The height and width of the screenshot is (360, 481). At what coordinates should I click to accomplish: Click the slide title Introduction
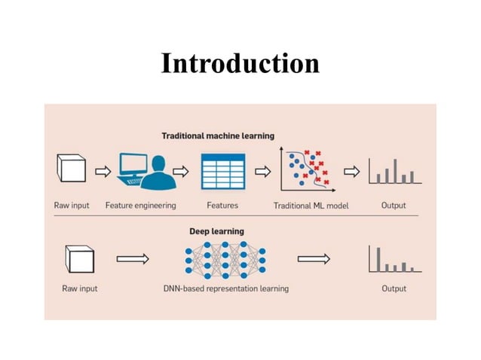(x=240, y=63)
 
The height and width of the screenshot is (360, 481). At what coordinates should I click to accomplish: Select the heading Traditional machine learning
(x=218, y=136)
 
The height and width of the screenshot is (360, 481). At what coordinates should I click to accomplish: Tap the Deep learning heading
(x=216, y=231)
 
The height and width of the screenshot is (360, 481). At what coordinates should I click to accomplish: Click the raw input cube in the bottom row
(x=78, y=258)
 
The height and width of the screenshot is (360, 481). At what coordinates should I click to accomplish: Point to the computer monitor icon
(x=134, y=167)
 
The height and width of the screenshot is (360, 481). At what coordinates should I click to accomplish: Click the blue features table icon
(x=222, y=171)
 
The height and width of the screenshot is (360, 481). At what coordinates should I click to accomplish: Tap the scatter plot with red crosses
(x=306, y=169)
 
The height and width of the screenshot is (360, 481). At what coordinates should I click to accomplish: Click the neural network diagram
(x=225, y=259)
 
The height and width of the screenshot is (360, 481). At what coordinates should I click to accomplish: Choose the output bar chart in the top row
(x=393, y=171)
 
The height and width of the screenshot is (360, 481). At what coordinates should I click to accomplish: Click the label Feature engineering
(x=140, y=205)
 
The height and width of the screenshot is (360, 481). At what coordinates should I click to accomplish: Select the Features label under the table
(x=222, y=205)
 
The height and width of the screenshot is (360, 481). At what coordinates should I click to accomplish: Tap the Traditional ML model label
(x=311, y=206)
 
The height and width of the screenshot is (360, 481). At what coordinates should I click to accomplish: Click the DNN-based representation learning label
(x=225, y=288)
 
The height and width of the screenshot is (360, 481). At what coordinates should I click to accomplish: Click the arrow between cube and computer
(x=103, y=171)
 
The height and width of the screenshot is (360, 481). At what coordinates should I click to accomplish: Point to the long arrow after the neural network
(x=314, y=259)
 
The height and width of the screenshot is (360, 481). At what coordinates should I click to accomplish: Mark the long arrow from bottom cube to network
(x=133, y=259)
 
